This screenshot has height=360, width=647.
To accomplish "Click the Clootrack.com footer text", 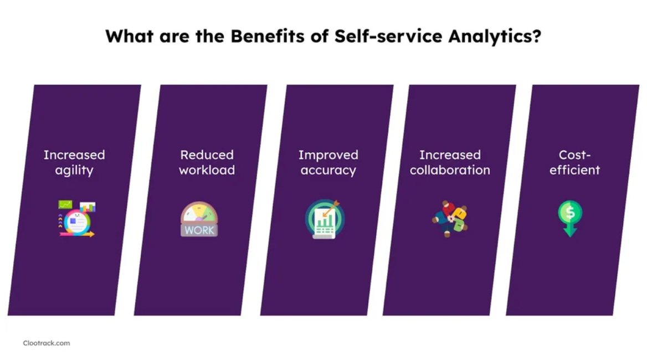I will coord(47,343).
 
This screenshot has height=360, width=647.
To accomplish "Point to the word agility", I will coord(74,169).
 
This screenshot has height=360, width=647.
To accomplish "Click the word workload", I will coord(207,169).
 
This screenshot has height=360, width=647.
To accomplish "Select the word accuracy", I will coord(328,169).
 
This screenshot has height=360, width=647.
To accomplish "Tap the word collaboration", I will coord(450,169).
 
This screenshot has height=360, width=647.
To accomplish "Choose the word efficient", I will coord(574,169).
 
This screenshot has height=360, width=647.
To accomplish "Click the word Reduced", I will coord(207,155).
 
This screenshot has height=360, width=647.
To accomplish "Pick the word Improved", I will coord(328,155).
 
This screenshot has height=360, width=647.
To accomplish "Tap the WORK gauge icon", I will coord(199,219).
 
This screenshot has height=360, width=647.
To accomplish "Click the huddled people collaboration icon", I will coord(450,219).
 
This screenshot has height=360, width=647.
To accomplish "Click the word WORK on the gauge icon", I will coord(199,229).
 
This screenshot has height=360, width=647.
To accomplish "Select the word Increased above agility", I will coord(74,155).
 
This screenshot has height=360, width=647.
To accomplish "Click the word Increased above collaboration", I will coord(450,155).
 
